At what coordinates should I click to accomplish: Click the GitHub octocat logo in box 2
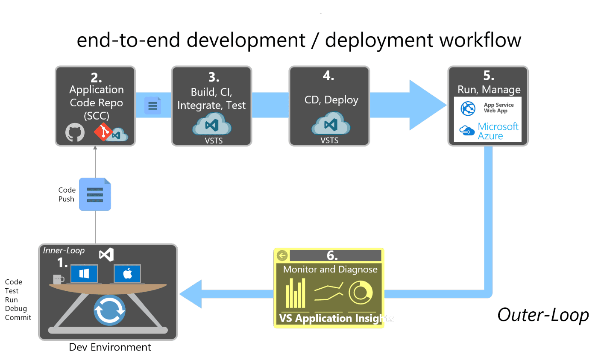point(75,133)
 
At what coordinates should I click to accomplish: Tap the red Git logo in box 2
point(103,132)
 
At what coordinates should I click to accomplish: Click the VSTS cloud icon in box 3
point(212,125)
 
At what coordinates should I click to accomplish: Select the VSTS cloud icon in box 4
point(330,124)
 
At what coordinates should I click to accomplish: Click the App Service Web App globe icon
point(468,108)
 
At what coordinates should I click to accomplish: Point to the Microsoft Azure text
point(498,131)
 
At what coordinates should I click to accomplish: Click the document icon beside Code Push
point(95,194)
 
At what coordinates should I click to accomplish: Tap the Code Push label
point(67,194)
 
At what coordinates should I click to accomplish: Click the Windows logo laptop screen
point(84,274)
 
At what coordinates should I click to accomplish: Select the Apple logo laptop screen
point(127,274)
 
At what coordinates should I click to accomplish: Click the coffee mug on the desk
point(58,279)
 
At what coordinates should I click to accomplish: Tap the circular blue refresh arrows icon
point(110,310)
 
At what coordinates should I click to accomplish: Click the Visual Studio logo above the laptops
point(106,255)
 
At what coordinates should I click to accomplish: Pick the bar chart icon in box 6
point(296,293)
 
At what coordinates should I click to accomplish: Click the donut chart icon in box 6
point(361,293)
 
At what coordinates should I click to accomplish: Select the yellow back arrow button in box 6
point(282,255)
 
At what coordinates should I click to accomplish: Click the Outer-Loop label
point(543,315)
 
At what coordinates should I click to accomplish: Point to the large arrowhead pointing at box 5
point(427,105)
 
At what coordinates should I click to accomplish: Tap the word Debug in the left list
point(16,308)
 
